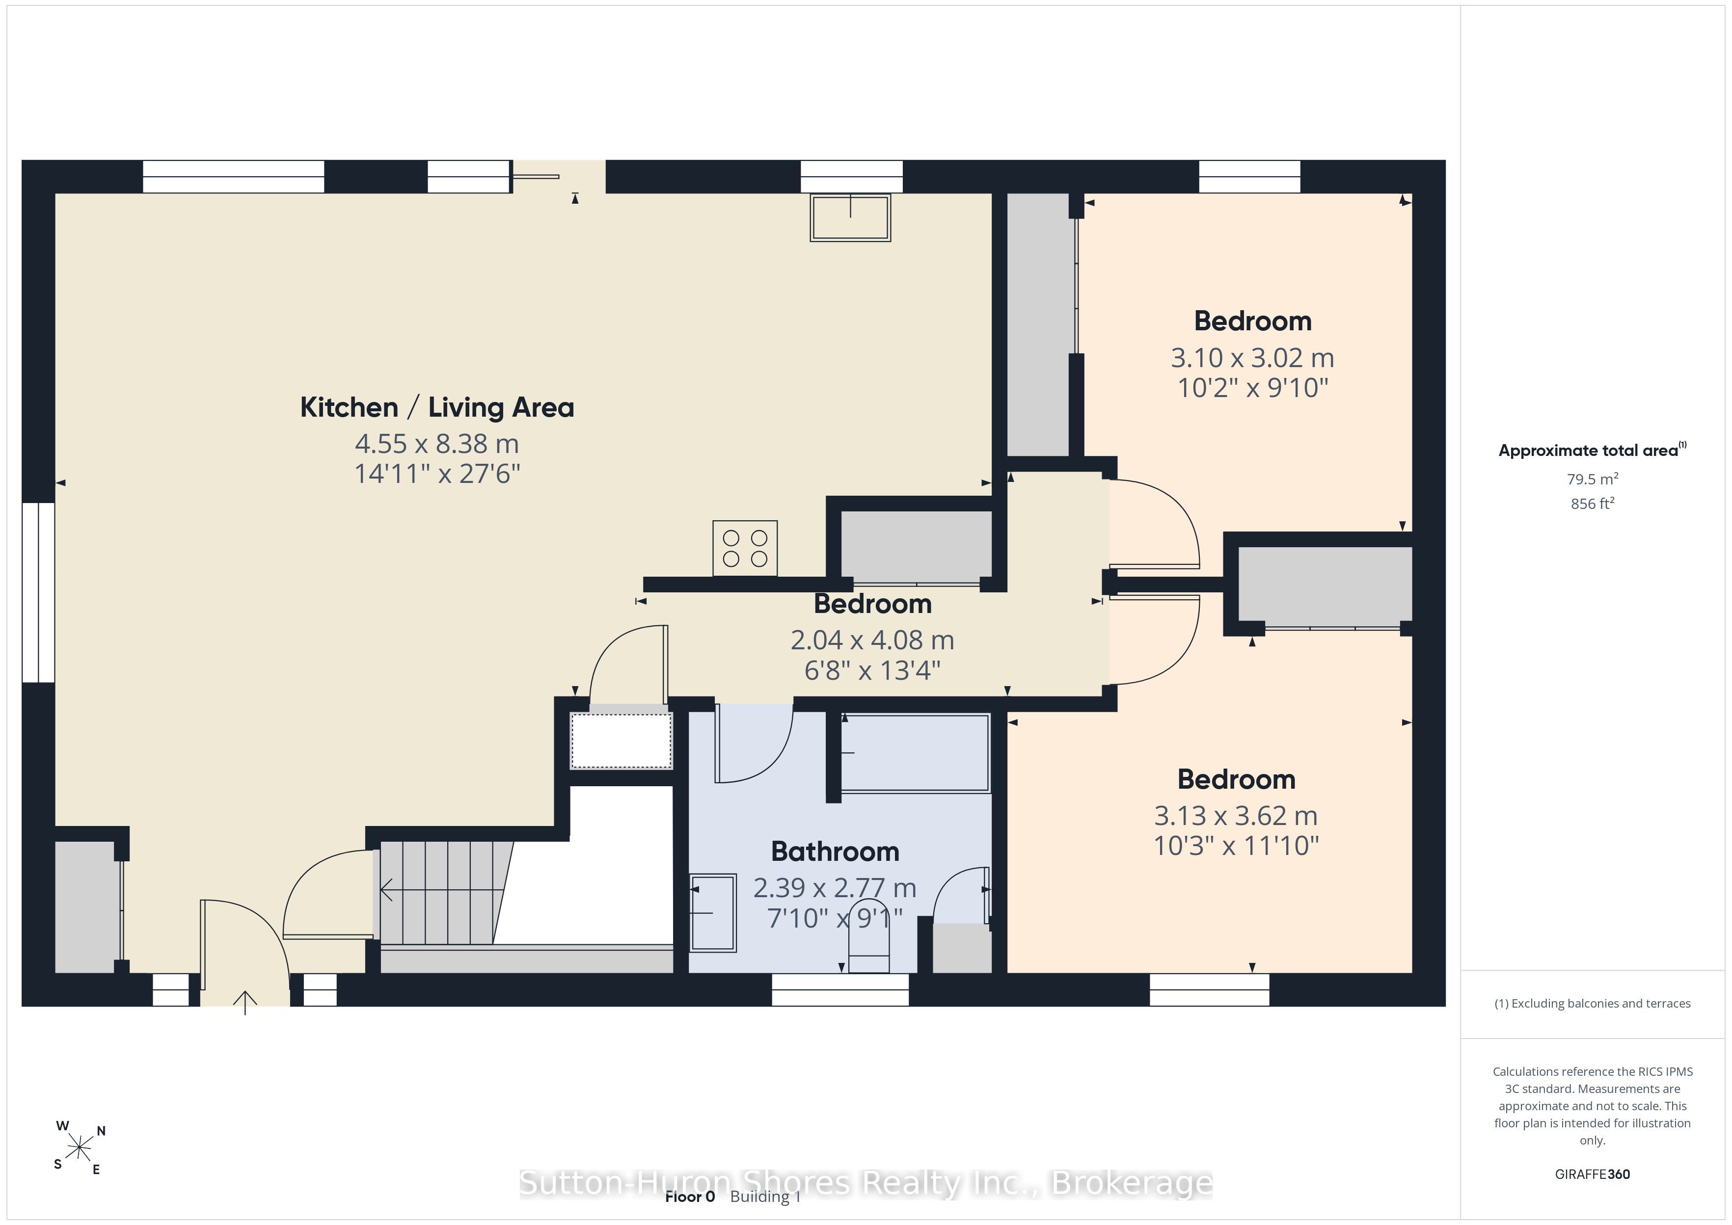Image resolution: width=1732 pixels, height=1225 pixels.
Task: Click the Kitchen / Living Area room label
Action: click(x=437, y=407)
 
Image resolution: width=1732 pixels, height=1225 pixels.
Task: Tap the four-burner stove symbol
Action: click(x=745, y=548)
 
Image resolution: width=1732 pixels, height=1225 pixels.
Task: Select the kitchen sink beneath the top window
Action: click(x=850, y=217)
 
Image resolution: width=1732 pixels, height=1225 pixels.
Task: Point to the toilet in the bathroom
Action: click(x=869, y=935)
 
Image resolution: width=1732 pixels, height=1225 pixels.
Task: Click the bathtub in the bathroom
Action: click(x=914, y=753)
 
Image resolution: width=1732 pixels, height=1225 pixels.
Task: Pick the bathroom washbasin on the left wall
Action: click(x=712, y=913)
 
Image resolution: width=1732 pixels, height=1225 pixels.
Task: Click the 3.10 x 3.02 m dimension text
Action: click(x=1252, y=358)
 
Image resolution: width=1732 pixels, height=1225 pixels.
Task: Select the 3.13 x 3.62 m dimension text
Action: click(x=1236, y=815)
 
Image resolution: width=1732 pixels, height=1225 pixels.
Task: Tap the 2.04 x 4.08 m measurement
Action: click(x=872, y=639)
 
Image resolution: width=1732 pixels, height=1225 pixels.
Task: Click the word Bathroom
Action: click(x=835, y=852)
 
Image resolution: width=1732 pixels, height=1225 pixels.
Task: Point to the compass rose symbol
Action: click(x=79, y=1148)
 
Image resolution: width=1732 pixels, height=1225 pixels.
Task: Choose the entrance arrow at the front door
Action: click(x=245, y=1003)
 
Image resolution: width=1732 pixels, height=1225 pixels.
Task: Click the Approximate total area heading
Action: click(x=1592, y=451)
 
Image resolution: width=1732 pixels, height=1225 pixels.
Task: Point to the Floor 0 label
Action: click(x=689, y=1197)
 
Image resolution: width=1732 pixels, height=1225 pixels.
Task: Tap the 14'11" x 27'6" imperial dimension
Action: click(x=437, y=474)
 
